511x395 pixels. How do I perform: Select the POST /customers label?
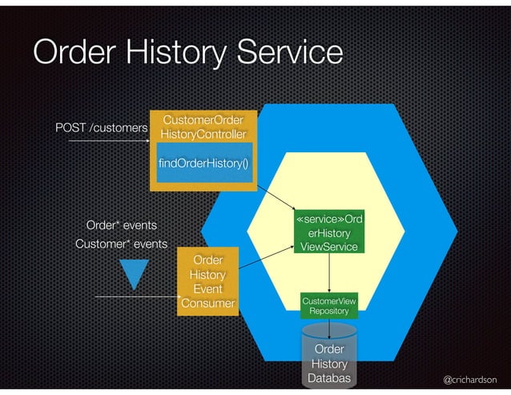tap(101, 128)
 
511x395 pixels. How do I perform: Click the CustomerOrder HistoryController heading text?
tap(203, 127)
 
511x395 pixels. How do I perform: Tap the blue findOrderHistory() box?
tap(203, 163)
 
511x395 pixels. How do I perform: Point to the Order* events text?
tap(121, 225)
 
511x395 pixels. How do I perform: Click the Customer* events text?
tap(121, 244)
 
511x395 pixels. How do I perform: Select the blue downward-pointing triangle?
tap(134, 272)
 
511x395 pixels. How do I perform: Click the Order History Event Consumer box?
tap(207, 281)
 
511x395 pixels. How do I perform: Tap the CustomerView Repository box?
tap(329, 305)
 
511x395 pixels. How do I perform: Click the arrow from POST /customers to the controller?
tap(108, 142)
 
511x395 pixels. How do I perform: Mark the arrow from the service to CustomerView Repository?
tap(329, 272)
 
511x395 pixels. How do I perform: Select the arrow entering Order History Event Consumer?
tap(136, 297)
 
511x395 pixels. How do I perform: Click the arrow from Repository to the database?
tap(329, 327)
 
